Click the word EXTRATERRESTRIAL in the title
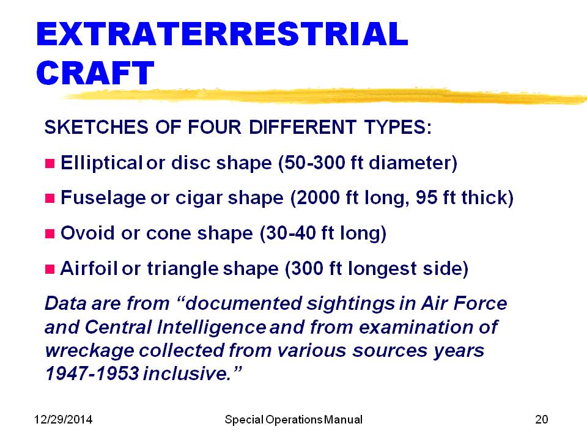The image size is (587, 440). click(x=222, y=34)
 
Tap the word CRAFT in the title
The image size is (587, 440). click(x=95, y=73)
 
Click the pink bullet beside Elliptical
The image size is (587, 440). click(x=50, y=164)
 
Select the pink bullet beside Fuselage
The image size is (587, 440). click(x=50, y=198)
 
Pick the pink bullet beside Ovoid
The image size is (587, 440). click(x=50, y=234)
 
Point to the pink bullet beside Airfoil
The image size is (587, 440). click(x=50, y=269)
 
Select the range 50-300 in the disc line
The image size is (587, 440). click(x=314, y=163)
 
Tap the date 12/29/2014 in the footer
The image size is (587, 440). click(x=63, y=419)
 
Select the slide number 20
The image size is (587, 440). click(x=542, y=419)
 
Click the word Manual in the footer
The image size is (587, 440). click(x=343, y=419)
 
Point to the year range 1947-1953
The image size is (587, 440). click(x=92, y=373)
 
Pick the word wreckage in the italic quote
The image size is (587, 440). click(x=89, y=351)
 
